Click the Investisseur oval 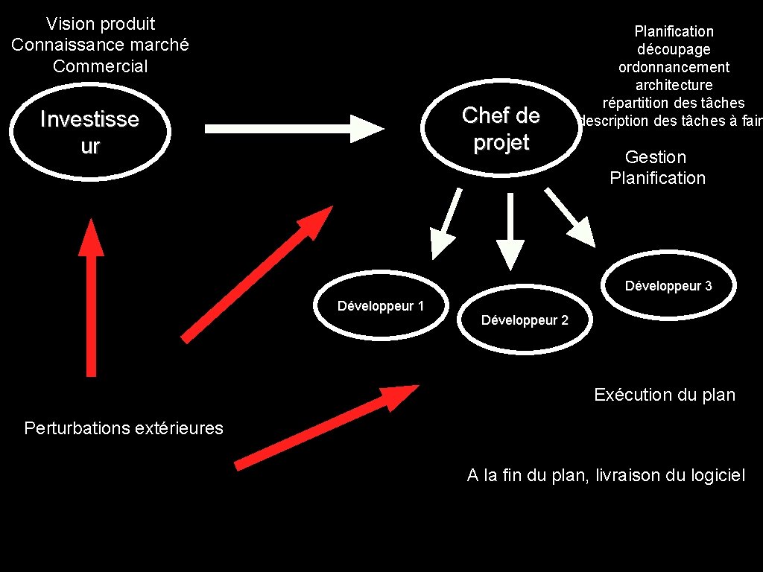click(89, 132)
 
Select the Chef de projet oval click(501, 129)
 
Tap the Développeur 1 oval click(381, 306)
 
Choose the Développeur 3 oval click(668, 286)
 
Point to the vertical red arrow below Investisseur click(91, 298)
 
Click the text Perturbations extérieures click(124, 428)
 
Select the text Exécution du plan click(665, 395)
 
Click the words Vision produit click(101, 24)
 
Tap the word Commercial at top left click(101, 66)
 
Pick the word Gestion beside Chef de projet click(656, 157)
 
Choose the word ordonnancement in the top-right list click(674, 67)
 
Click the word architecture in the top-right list click(674, 85)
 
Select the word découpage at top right click(674, 49)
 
